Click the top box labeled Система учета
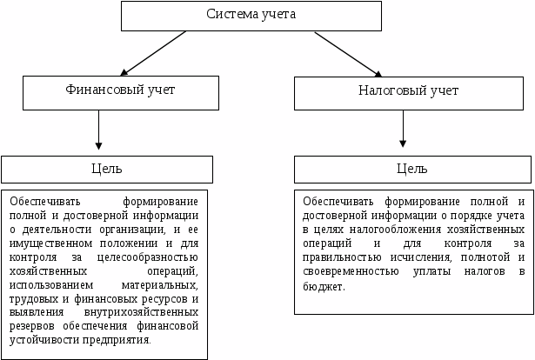(x=251, y=16)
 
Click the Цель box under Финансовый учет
(x=106, y=169)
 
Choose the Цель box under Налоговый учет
(x=411, y=169)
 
